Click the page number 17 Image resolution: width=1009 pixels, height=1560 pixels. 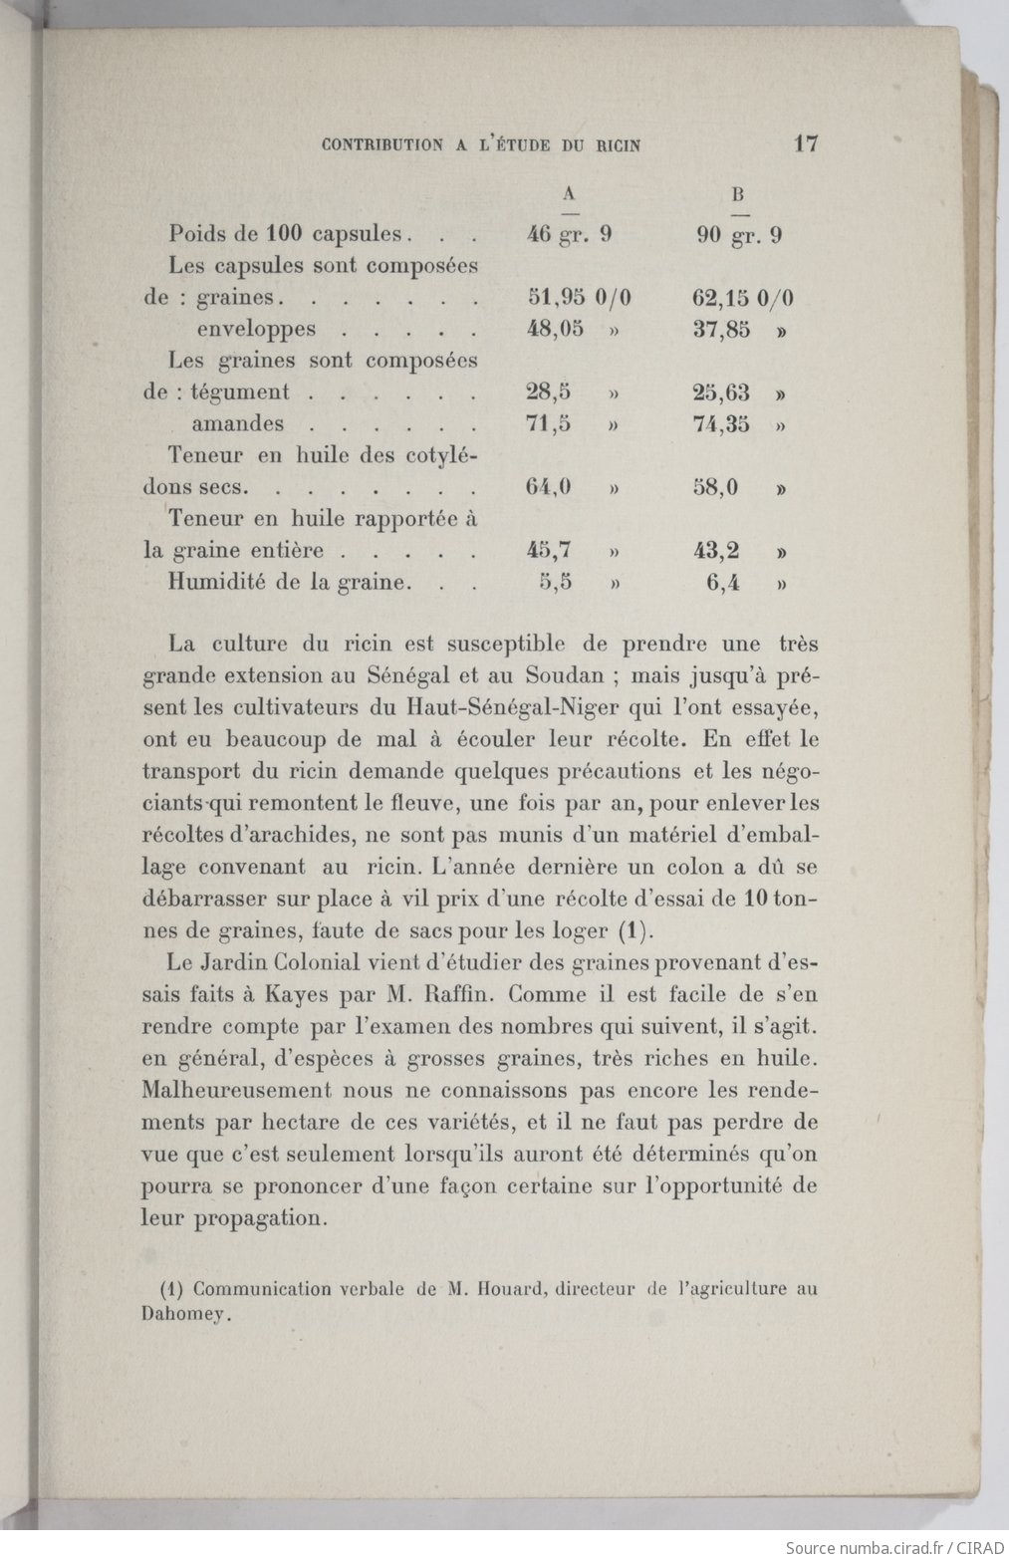806,143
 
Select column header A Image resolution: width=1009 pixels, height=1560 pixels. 570,193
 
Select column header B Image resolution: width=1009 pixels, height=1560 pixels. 739,194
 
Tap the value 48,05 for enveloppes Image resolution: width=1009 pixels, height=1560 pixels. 555,329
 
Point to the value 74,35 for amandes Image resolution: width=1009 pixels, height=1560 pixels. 721,424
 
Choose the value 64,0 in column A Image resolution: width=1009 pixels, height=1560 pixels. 548,488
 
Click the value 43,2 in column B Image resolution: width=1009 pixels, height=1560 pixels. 716,550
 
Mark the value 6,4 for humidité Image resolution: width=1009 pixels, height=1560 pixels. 723,583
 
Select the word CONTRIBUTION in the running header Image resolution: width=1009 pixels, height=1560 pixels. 382,144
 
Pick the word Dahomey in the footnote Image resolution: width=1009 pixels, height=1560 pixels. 187,1313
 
